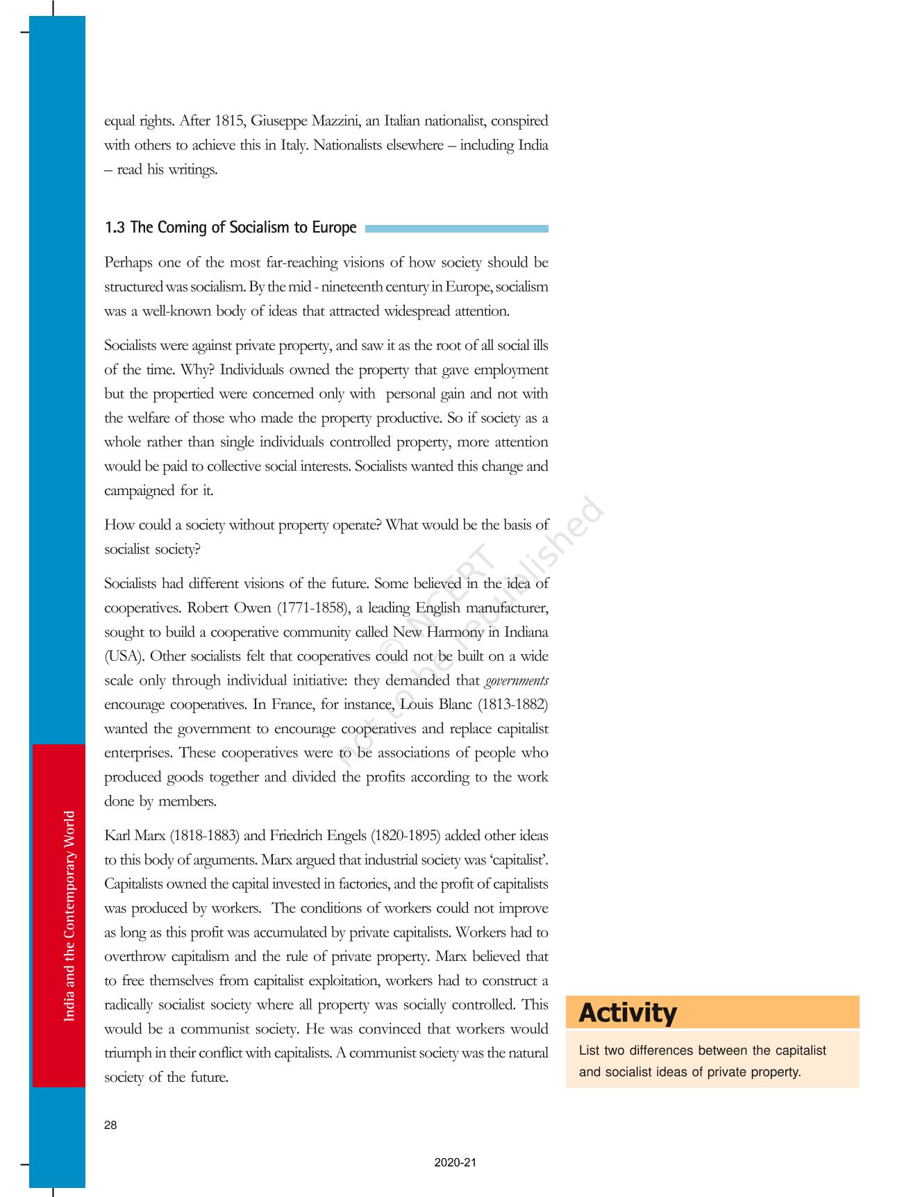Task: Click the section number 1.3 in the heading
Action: click(x=115, y=228)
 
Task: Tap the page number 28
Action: click(x=110, y=1125)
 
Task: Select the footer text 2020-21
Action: click(x=455, y=1162)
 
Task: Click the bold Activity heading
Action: click(x=628, y=1013)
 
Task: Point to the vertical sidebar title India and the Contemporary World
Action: click(x=69, y=916)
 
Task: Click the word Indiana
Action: click(x=526, y=633)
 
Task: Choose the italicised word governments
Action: click(x=517, y=681)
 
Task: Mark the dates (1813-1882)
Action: click(x=513, y=705)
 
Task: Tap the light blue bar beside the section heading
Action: click(x=456, y=228)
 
